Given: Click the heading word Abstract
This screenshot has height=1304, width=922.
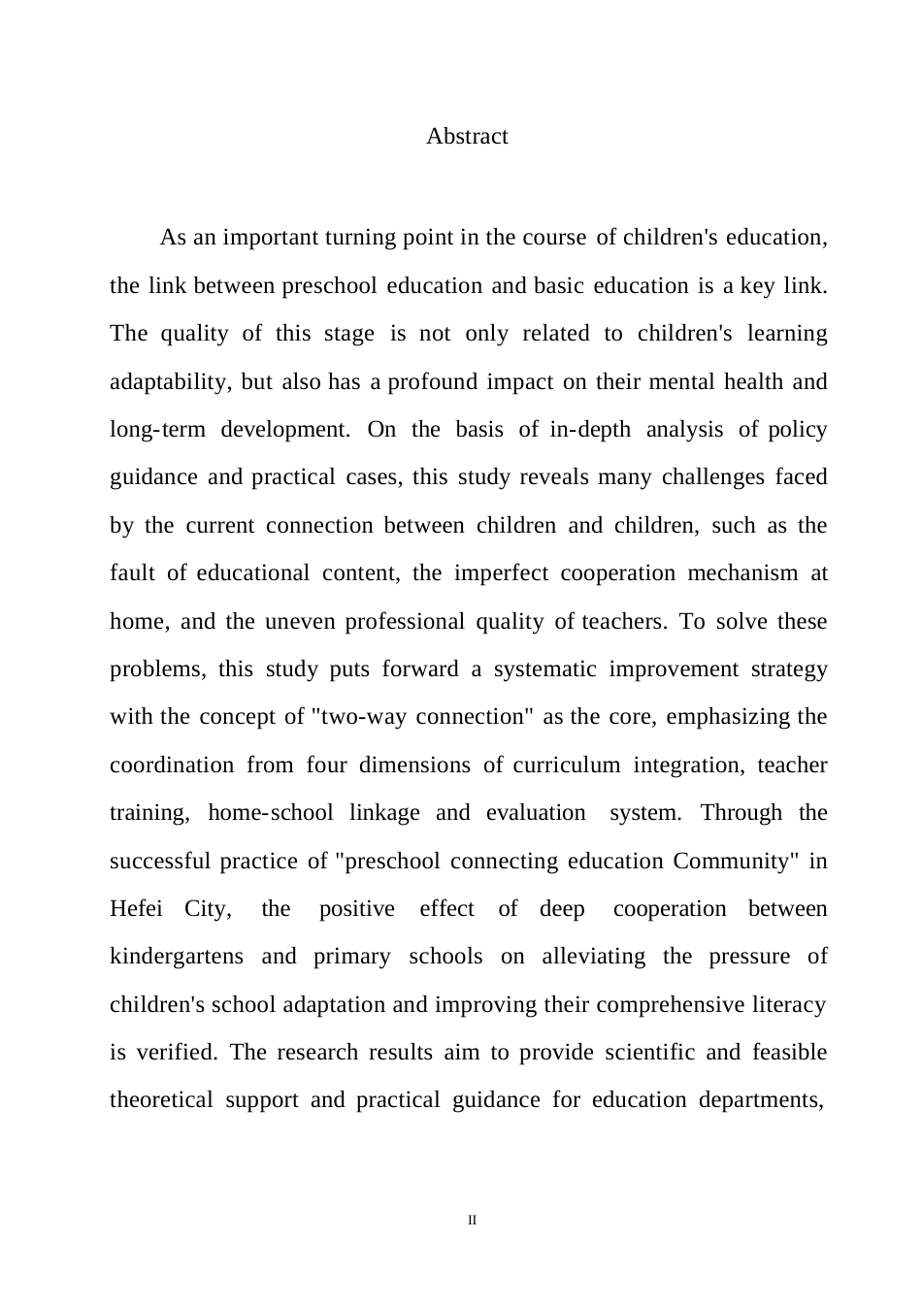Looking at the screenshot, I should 467,136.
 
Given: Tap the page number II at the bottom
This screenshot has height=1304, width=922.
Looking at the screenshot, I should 473,1220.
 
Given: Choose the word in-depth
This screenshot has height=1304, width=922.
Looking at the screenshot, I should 590,430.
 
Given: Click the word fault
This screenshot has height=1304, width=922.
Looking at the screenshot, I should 132,573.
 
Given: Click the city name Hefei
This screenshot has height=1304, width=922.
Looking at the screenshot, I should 136,909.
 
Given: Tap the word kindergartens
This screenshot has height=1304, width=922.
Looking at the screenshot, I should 177,957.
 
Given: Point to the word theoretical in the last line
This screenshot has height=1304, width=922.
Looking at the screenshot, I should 161,1100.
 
